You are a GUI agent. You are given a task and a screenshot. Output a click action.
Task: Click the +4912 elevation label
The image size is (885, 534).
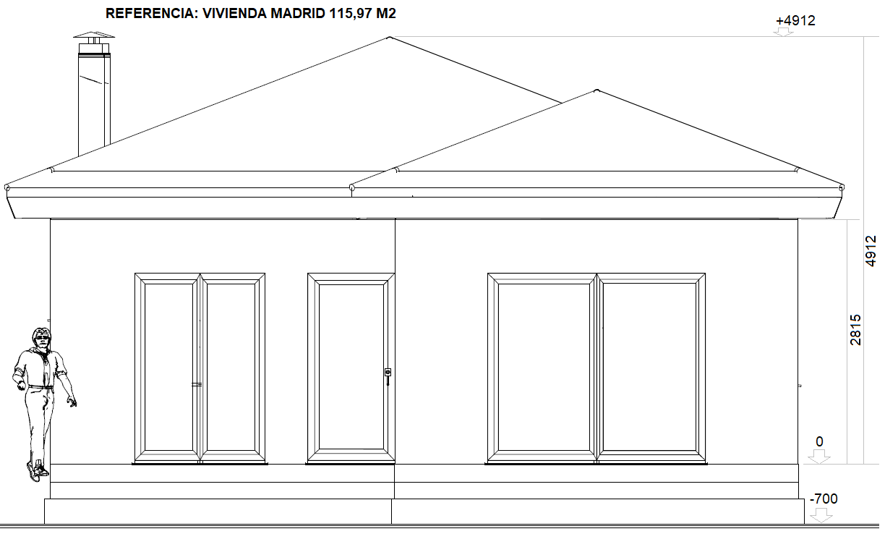pos(795,21)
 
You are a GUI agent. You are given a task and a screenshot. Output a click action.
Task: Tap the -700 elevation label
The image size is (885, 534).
pos(824,499)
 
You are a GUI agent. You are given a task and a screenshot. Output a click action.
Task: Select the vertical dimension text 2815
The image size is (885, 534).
pos(856,329)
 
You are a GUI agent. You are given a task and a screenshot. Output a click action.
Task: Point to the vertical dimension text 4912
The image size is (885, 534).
pos(871,250)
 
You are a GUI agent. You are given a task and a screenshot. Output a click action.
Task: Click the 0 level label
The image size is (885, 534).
pos(819,442)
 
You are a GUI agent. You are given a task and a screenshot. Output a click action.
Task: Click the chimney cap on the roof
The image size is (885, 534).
pos(94,36)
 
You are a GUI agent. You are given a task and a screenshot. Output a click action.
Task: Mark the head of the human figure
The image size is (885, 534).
pos(41,337)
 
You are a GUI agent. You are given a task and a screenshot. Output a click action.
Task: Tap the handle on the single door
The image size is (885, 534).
pos(388,373)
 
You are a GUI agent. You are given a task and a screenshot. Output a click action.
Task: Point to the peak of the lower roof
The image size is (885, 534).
pos(596,91)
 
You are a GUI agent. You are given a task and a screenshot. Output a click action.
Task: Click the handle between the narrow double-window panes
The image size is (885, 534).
pos(197,384)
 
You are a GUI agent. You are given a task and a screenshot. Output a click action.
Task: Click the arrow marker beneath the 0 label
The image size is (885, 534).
pos(819,457)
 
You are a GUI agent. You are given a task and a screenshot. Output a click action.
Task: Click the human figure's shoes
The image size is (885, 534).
pos(37,472)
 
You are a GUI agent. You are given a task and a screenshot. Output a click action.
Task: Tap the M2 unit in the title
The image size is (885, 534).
pos(385,13)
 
